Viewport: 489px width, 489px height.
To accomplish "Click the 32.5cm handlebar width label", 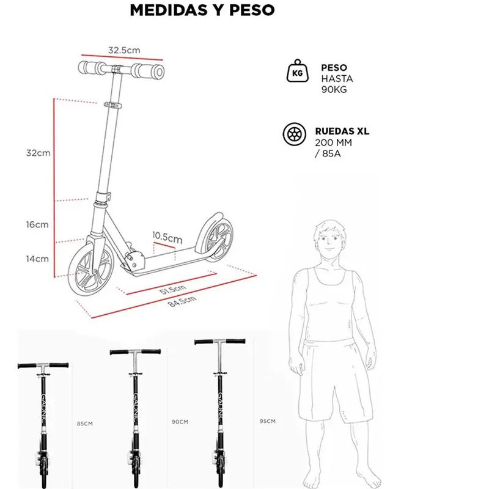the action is click(x=124, y=50).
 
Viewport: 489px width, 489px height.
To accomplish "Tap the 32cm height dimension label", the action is click(x=38, y=153).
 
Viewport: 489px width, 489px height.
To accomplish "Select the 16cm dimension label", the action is click(x=37, y=224).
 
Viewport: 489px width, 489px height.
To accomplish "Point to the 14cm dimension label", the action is click(x=37, y=259).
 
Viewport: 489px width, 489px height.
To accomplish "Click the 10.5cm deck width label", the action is click(x=167, y=238).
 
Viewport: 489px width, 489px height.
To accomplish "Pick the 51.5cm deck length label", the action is click(x=173, y=289).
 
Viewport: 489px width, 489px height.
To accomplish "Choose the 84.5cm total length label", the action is click(x=182, y=301).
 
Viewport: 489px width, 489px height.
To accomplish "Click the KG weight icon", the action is click(x=298, y=71).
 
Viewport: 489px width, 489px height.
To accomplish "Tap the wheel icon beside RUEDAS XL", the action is click(x=295, y=134).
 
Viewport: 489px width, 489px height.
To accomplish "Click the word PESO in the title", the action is click(x=252, y=10).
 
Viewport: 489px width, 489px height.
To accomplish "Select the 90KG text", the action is click(x=334, y=89).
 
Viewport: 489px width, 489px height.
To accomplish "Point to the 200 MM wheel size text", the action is click(x=333, y=142).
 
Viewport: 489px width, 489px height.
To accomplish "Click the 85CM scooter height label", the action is click(x=85, y=424).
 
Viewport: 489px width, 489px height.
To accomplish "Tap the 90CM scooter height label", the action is click(x=180, y=422).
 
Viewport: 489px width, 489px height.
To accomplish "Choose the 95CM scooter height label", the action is click(x=268, y=421).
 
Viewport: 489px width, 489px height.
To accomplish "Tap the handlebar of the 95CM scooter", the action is click(x=220, y=342).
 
